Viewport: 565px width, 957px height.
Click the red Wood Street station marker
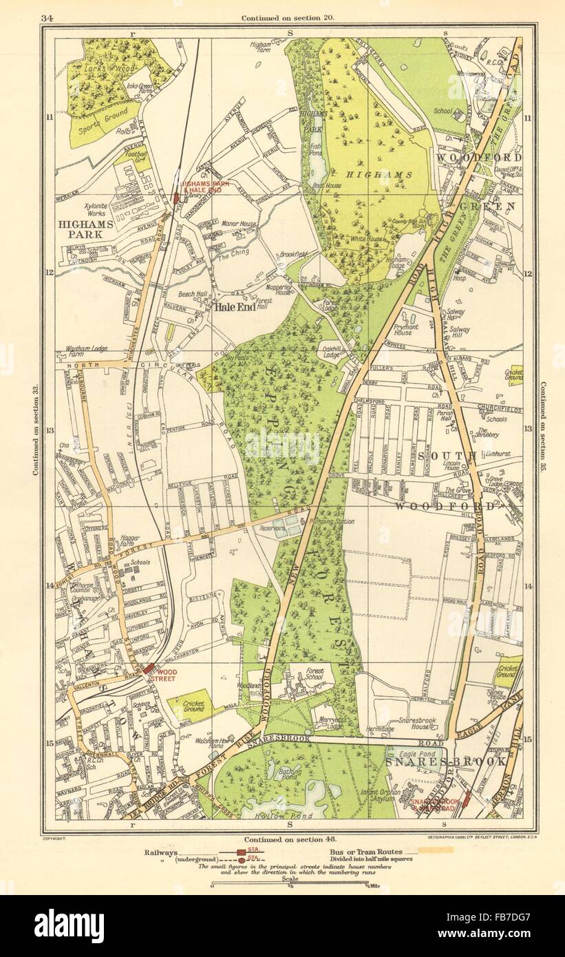148,668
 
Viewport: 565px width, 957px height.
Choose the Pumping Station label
333,522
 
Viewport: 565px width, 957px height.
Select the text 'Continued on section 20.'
288,17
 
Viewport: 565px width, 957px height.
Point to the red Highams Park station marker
177,198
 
